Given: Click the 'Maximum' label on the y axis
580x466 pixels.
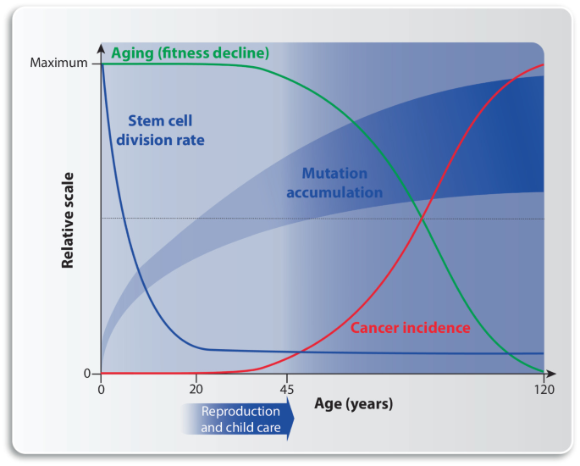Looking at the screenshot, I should coord(58,63).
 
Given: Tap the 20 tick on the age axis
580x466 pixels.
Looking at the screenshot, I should coord(196,390).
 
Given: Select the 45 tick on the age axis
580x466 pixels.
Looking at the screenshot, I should coord(287,390).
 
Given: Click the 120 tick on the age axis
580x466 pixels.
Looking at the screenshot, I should coord(543,390).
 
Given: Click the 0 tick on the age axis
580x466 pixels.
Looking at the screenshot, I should coord(102,390).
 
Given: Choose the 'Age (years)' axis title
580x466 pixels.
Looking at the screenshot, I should coord(353,404).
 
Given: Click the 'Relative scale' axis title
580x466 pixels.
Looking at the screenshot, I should coord(68,220).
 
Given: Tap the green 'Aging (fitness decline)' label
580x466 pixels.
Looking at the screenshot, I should coord(191,53).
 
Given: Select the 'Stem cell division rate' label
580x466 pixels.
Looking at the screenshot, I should coord(166,130).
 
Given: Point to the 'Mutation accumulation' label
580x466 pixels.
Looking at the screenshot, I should coord(334,182).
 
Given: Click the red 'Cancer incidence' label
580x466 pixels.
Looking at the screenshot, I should coord(410,328).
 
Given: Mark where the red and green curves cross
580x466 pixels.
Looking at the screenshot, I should coord(423,219).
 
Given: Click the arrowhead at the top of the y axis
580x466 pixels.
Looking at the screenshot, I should coord(102,46).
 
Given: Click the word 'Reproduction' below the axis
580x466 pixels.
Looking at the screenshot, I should coord(240,412).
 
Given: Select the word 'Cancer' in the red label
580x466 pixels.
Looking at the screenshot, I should coord(375,328).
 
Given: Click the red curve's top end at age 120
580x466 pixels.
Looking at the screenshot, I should coord(542,64).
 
